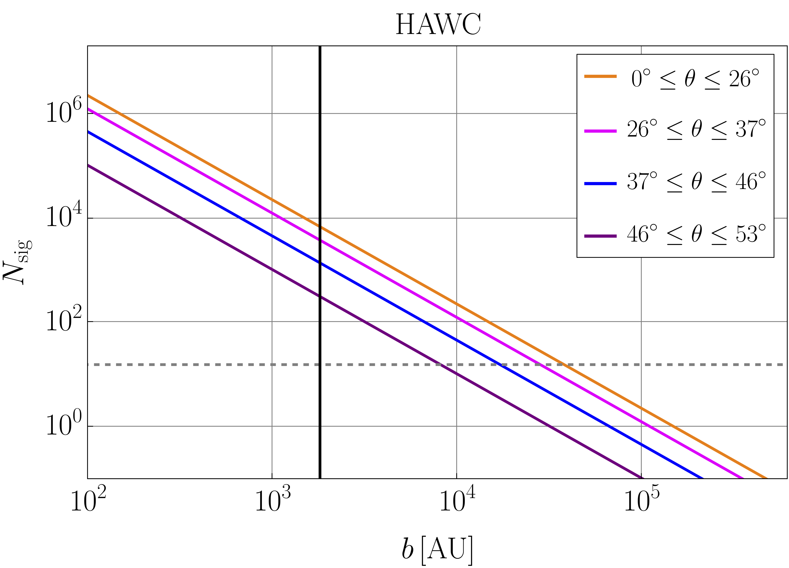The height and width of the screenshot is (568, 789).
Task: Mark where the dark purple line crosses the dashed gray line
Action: click(x=438, y=365)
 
